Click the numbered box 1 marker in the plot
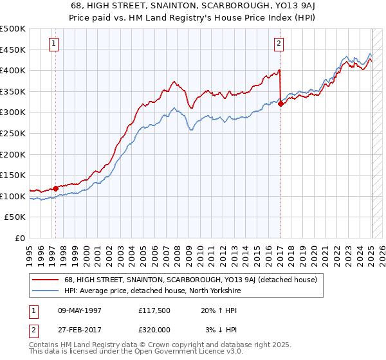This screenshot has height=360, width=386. point(53,44)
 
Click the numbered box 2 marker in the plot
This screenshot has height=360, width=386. point(279,44)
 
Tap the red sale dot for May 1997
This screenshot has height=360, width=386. point(56,188)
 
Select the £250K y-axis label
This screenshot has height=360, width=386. point(13,133)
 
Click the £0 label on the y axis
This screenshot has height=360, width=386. point(20,238)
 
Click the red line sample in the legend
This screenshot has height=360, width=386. point(46,280)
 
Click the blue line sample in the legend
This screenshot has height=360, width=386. point(46,291)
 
